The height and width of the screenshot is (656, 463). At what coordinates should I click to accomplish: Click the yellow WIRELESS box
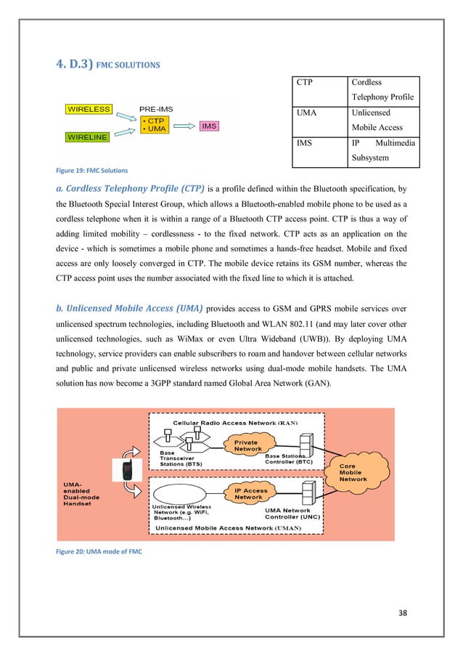[89, 110]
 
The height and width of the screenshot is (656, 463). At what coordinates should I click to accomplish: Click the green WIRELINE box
[89, 136]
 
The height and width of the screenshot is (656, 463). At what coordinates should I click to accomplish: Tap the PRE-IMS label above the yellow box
[158, 109]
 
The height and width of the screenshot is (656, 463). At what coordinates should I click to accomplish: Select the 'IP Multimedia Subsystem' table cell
[382, 149]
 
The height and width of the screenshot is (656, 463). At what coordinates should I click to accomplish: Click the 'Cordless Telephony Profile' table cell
[382, 89]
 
